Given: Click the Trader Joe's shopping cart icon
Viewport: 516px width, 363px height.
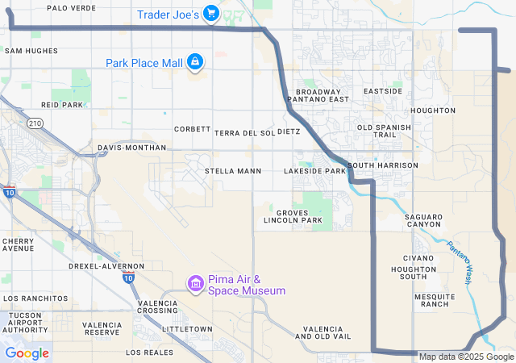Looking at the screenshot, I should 210,14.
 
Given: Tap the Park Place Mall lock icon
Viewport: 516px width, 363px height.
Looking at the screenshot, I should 195,62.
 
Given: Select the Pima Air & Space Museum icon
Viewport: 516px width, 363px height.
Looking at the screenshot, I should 194,284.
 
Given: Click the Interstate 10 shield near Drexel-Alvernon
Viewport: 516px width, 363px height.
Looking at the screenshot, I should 129,277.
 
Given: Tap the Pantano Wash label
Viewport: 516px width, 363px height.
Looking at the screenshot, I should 459,264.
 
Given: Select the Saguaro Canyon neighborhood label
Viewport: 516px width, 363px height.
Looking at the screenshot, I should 423,222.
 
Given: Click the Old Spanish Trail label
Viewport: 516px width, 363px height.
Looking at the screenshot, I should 384,131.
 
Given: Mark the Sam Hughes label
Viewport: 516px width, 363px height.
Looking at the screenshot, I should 31,51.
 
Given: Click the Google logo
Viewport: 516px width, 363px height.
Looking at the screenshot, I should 27,353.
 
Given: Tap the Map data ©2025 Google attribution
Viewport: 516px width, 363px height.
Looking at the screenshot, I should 465,357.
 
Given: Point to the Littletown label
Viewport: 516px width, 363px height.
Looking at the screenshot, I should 187,329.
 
